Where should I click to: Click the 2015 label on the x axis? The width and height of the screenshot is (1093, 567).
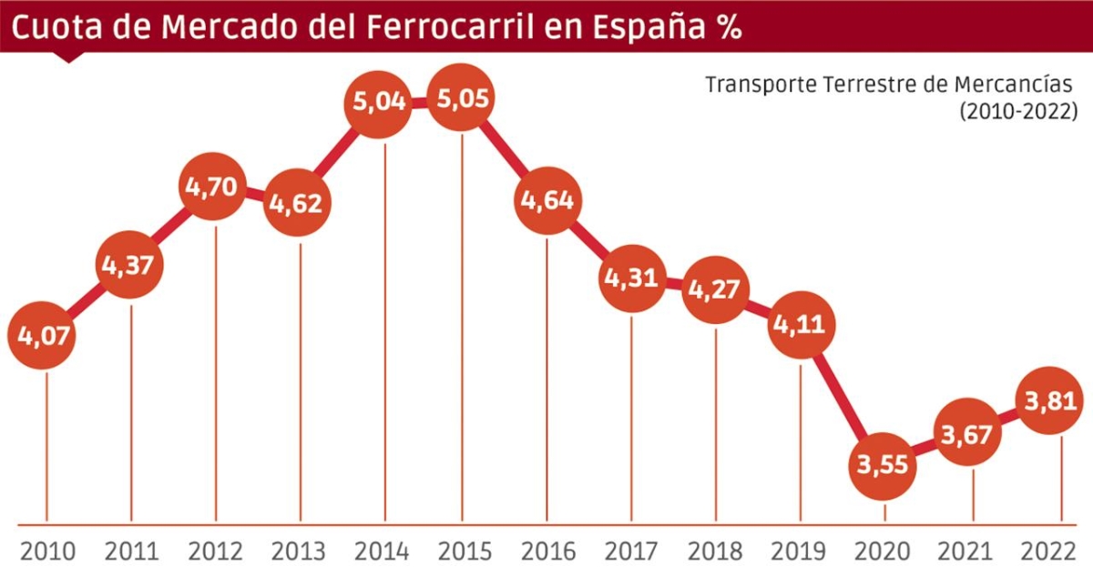[464, 552]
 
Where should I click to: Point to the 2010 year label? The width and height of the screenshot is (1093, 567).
[47, 552]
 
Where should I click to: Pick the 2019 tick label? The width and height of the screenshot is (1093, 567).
[798, 552]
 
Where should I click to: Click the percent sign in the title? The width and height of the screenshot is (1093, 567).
[727, 27]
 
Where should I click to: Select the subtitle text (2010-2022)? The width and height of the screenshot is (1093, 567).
[1018, 111]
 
